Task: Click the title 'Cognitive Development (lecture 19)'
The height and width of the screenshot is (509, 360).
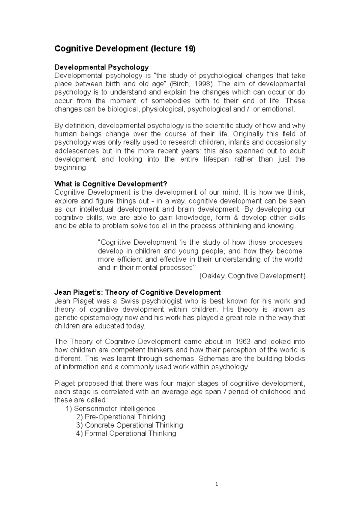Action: pyautogui.click(x=125, y=49)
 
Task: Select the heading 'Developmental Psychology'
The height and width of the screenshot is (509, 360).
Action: pyautogui.click(x=101, y=67)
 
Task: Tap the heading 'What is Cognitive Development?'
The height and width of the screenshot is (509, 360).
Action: pyautogui.click(x=110, y=184)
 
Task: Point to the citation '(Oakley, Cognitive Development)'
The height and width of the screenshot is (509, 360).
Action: pyautogui.click(x=252, y=276)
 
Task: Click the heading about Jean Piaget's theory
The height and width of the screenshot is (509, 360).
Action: pyautogui.click(x=137, y=292)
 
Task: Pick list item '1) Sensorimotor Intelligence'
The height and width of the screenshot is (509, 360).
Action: pyautogui.click(x=110, y=409)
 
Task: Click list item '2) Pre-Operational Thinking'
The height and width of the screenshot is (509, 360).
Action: pyautogui.click(x=121, y=417)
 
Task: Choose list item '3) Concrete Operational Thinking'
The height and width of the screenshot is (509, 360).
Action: pyautogui.click(x=130, y=425)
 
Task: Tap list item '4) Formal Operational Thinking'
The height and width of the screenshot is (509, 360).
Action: pyautogui.click(x=126, y=433)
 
